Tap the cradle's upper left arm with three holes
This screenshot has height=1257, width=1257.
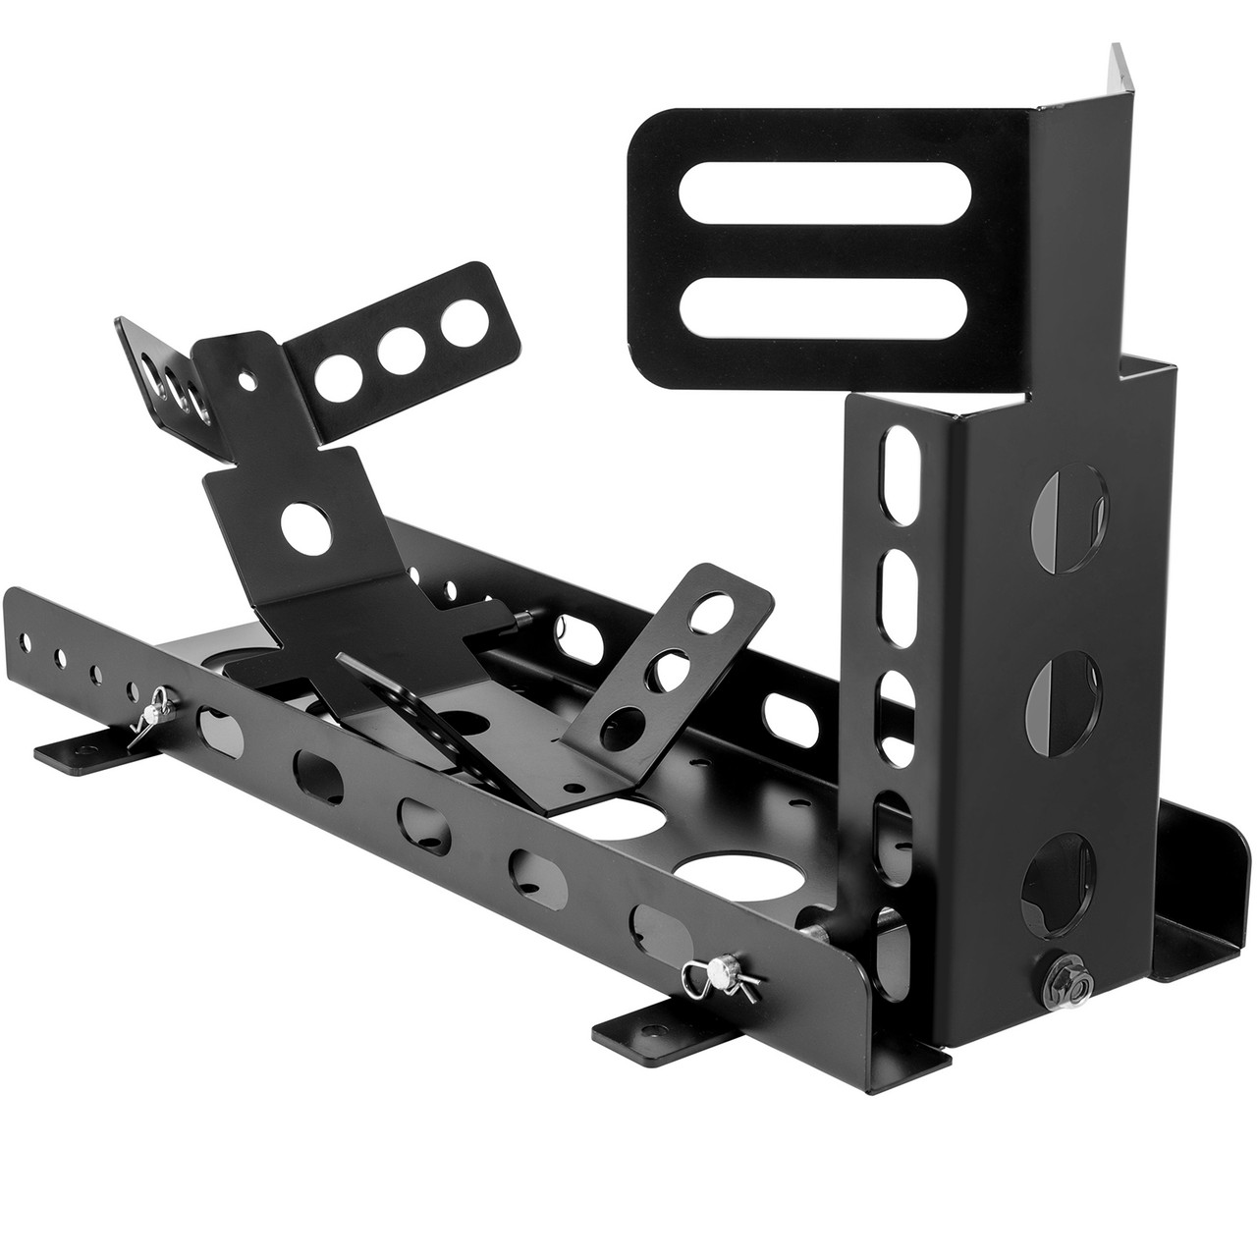tap(162, 378)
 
